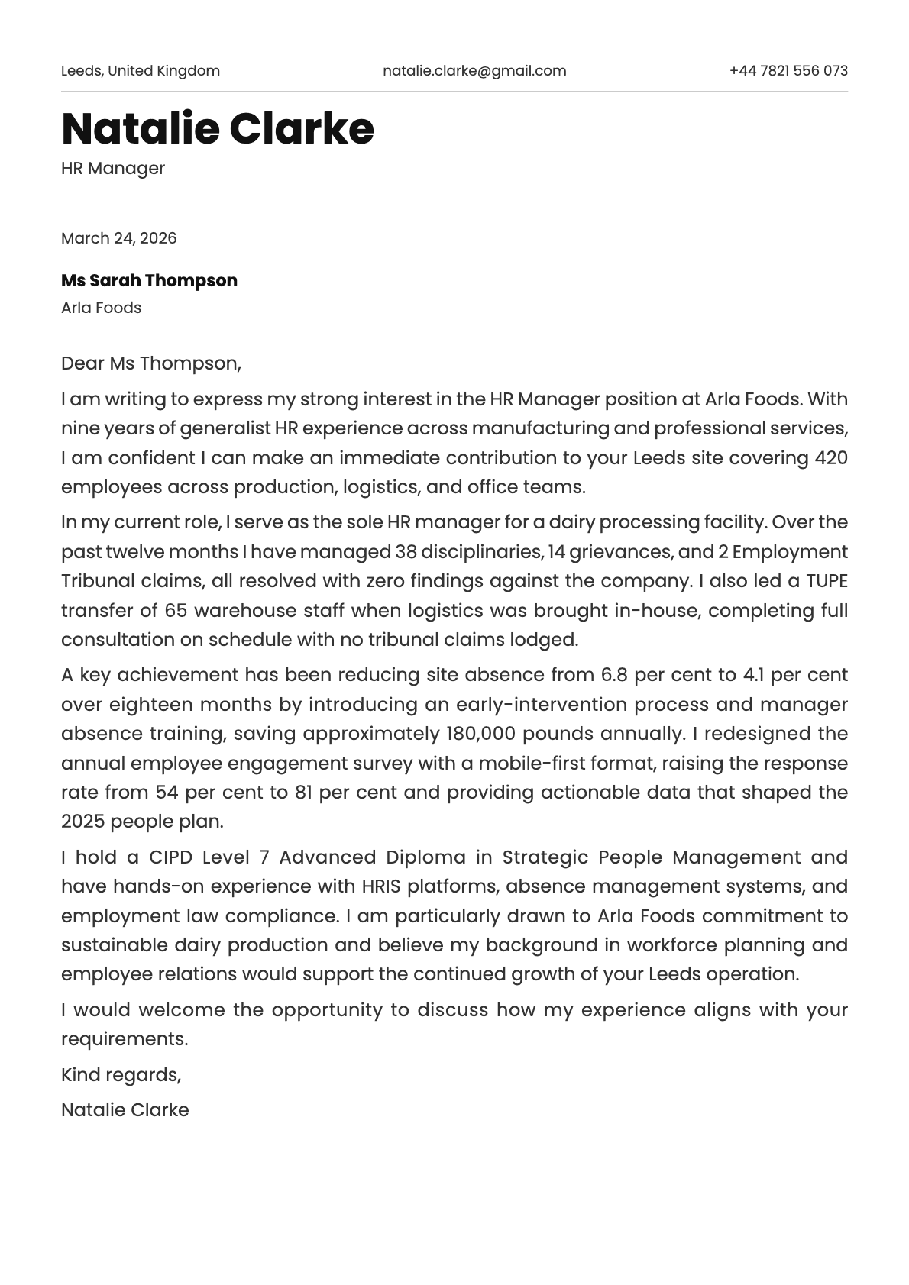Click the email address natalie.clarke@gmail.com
coord(474,71)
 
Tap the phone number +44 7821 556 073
coord(788,71)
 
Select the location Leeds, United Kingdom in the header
coord(141,71)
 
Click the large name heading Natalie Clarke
coord(218,128)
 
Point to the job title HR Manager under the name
coord(113,168)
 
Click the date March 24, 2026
coord(118,238)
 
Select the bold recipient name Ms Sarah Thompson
coord(149,280)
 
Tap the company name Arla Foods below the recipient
coord(101,308)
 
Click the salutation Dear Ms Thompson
coord(150,363)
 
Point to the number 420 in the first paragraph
coord(831,458)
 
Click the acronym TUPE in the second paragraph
coord(827,581)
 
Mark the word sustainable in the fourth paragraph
coord(115,945)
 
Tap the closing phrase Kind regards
coord(121,1075)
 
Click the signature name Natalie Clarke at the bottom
coord(125,1110)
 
